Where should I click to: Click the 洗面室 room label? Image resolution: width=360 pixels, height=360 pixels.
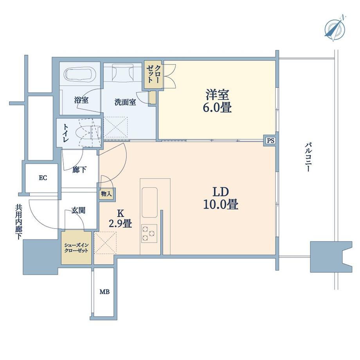(125, 102)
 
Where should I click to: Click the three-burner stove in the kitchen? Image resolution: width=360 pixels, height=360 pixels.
(149, 234)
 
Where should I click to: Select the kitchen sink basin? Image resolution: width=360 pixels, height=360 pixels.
(150, 202)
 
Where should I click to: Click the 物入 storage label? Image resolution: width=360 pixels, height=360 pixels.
(106, 193)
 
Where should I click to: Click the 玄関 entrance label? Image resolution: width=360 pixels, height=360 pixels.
(78, 210)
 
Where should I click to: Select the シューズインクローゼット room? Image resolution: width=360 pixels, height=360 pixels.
(76, 248)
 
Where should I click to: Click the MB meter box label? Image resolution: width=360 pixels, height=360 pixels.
(104, 292)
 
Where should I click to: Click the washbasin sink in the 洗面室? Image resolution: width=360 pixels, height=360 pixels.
(122, 72)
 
